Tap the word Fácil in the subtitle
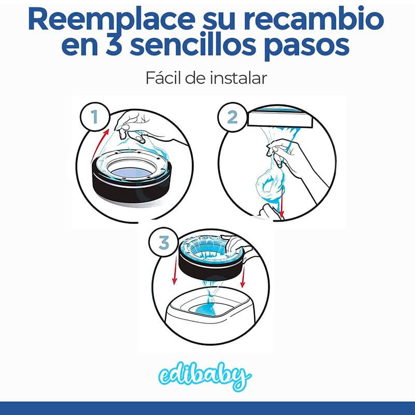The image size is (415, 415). point(163,78)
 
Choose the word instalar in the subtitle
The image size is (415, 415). point(239,78)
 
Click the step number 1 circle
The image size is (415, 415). point(95,117)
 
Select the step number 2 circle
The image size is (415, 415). point(232,117)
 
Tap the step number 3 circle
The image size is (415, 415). point(164,243)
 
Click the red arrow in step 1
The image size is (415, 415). point(99,145)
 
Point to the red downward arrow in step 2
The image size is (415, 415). point(282,202)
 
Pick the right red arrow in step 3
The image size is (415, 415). point(243,276)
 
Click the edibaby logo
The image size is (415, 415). point(205,376)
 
